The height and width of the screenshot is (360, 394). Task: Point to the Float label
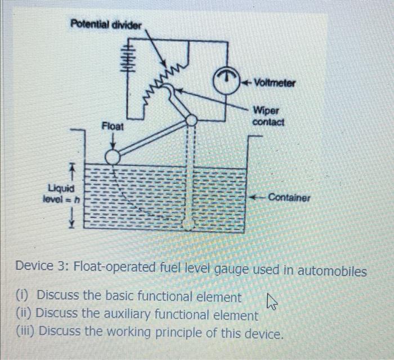[112, 127]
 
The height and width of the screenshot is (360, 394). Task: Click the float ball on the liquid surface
[113, 156]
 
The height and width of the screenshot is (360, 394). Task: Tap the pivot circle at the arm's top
[191, 120]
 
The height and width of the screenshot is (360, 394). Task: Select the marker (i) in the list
[23, 296]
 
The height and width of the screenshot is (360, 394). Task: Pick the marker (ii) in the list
[24, 314]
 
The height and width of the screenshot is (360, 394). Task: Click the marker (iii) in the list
[26, 332]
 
